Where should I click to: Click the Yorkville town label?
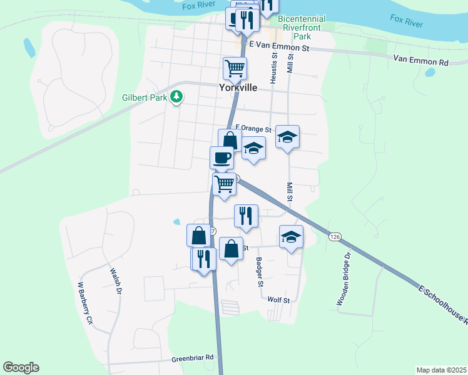238,88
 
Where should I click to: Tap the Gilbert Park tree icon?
177,97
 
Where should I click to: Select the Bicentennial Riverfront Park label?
302,28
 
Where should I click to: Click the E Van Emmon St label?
279,47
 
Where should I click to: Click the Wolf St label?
278,300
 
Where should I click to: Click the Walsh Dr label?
116,281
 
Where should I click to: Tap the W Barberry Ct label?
84,302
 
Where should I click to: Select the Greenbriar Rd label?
193,359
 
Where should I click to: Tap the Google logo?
21,367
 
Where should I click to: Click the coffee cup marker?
222,157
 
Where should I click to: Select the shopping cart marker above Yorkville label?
235,67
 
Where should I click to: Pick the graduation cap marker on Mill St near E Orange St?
287,136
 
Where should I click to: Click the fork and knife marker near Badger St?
246,216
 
